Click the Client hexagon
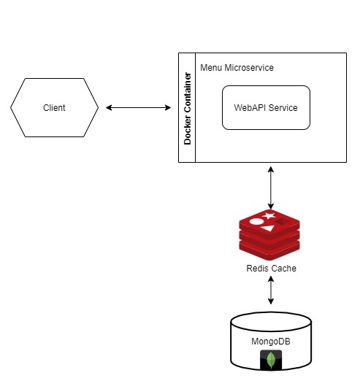54,107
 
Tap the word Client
54,108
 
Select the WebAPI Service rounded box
266,107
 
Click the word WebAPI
250,108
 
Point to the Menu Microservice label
237,67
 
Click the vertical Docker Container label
188,109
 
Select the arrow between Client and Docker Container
138,107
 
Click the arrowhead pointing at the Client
109,107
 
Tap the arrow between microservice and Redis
271,188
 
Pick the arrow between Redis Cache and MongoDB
271,290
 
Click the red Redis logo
269,235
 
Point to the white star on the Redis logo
269,215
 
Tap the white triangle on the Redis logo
269,228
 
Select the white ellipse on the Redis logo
256,221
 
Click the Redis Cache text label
271,268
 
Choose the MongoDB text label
271,342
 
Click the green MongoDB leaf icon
271,360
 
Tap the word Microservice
249,67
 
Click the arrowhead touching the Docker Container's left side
168,107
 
